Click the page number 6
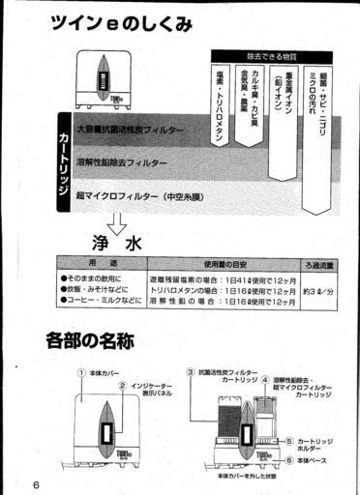(36, 482)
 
